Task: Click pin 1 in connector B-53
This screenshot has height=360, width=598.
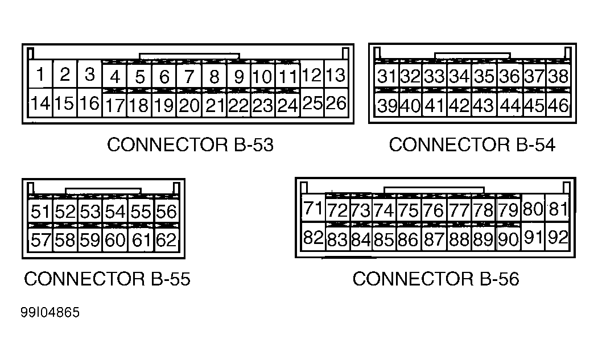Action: click(x=41, y=75)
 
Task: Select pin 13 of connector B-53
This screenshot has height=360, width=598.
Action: click(x=336, y=75)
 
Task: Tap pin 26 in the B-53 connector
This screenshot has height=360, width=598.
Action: click(x=336, y=103)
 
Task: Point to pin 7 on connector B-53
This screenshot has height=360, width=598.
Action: click(x=189, y=76)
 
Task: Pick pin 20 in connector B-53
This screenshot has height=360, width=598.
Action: click(x=189, y=105)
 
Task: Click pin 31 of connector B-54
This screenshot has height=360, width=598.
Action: click(x=387, y=76)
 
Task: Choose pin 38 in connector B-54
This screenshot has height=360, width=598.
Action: click(x=558, y=76)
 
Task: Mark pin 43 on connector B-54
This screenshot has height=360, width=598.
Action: click(x=484, y=105)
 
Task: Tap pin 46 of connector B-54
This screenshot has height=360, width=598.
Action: click(x=558, y=105)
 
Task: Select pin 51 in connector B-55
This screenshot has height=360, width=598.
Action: click(x=40, y=212)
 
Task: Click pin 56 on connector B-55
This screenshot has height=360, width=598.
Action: click(x=166, y=212)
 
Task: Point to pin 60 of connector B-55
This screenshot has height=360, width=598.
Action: click(x=115, y=241)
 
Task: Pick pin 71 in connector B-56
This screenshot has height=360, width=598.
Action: click(x=313, y=209)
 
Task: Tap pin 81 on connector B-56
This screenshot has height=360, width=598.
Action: click(x=558, y=209)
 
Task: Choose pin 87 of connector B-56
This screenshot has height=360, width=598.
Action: click(x=434, y=239)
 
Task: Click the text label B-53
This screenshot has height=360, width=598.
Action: click(x=253, y=145)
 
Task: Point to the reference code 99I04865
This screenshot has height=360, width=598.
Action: click(x=51, y=313)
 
